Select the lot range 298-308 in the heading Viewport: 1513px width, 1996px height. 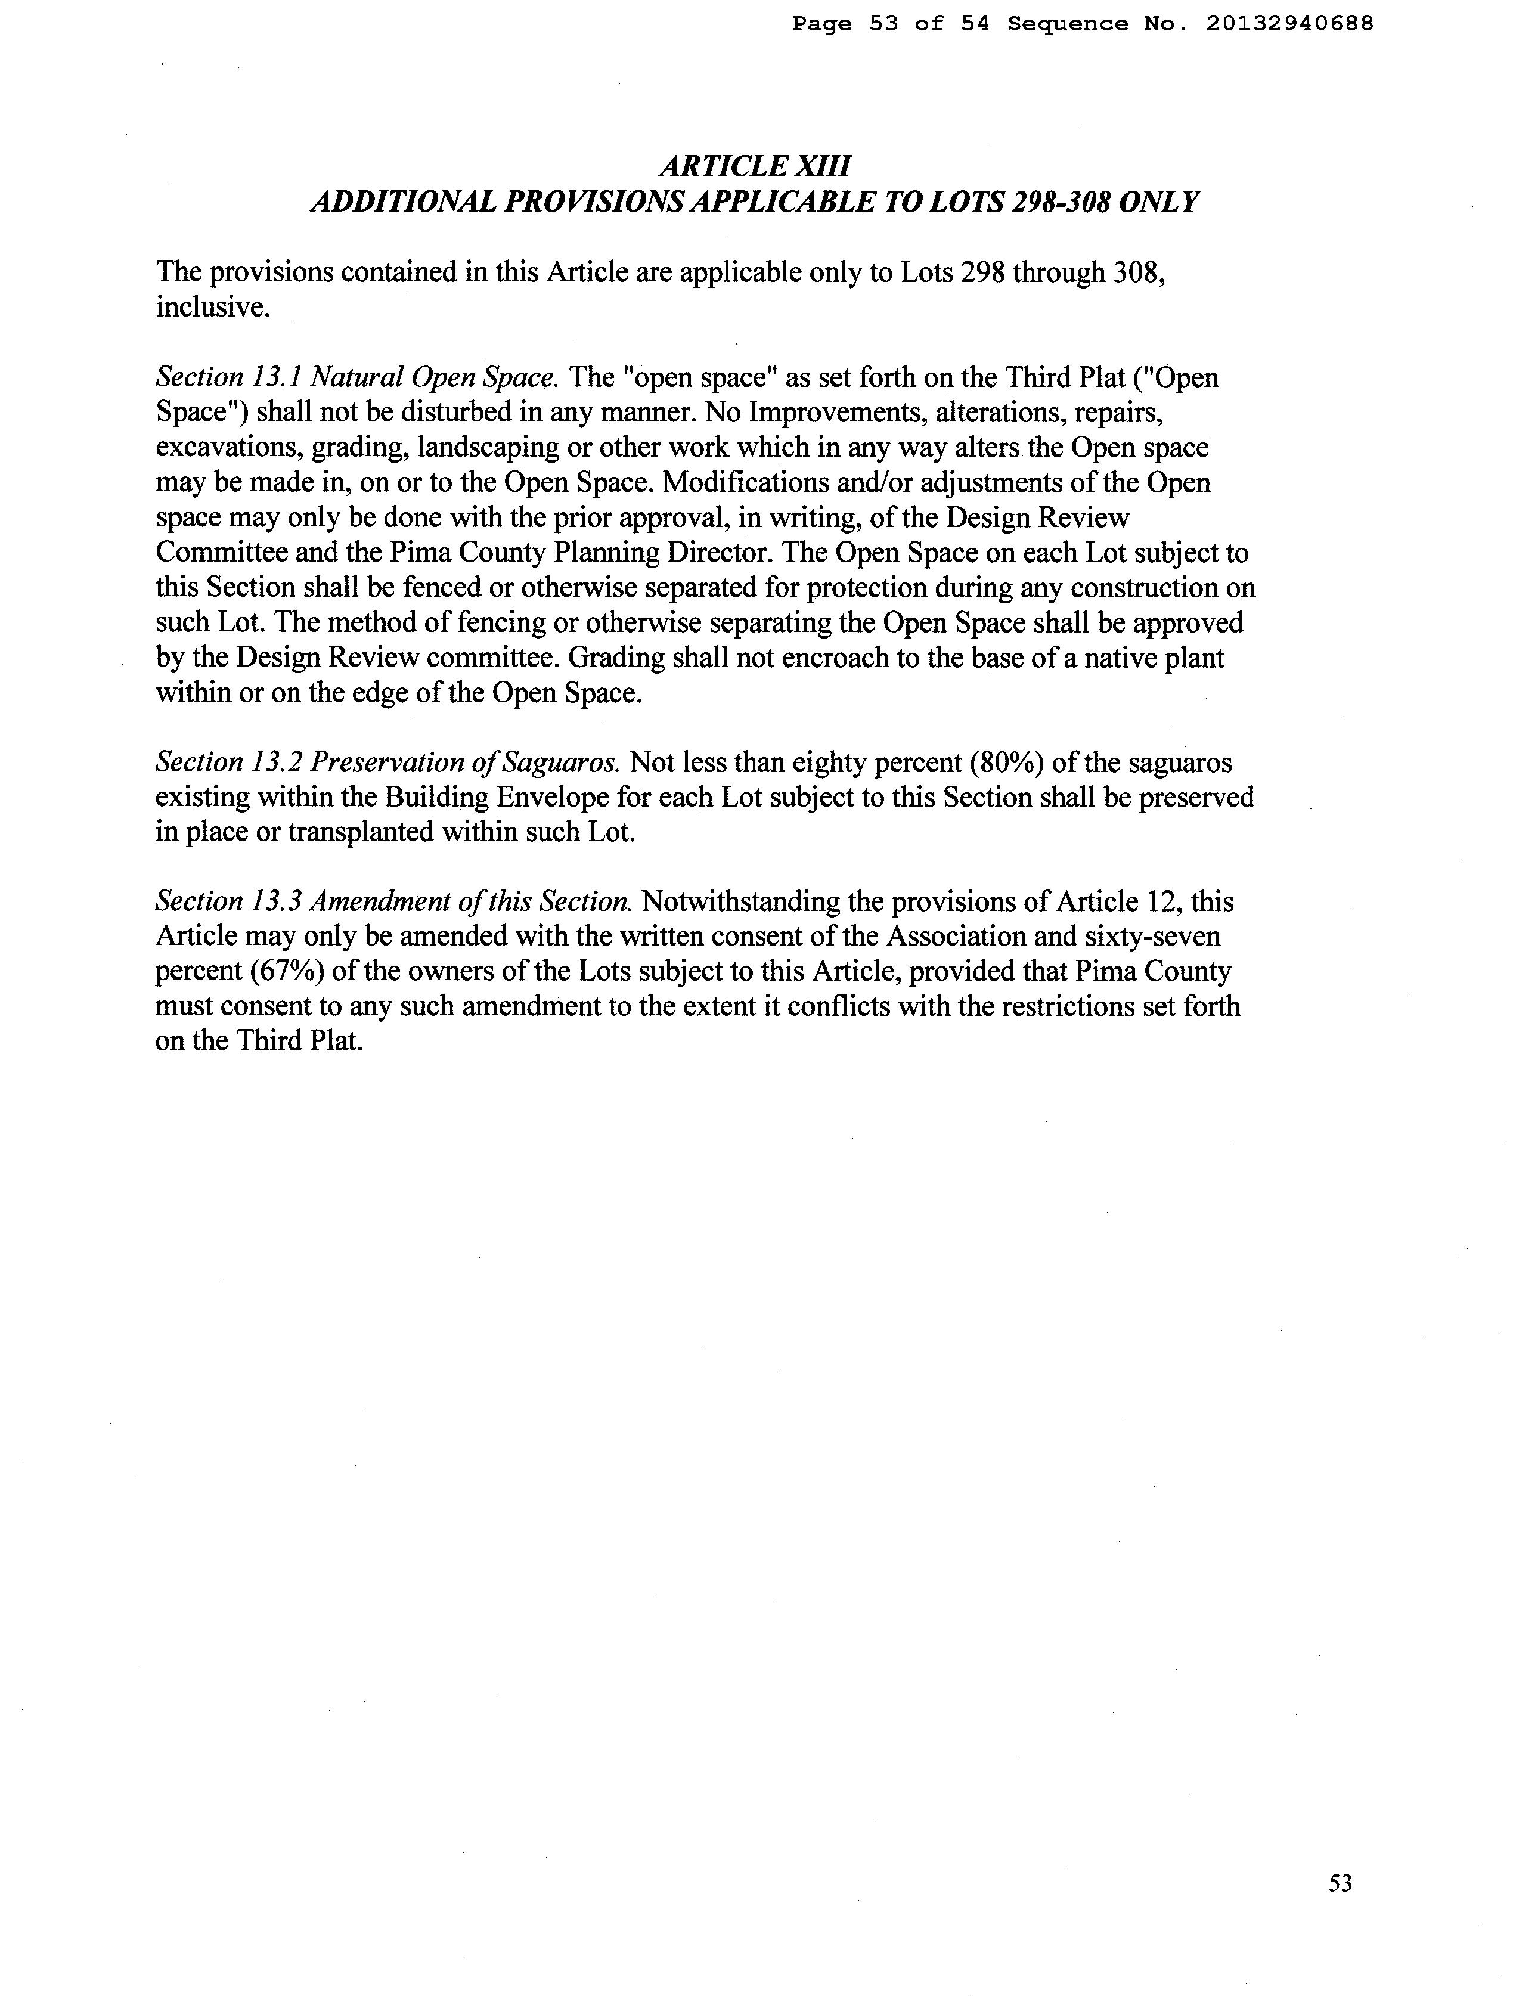click(1060, 202)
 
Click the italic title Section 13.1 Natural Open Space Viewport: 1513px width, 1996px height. click(358, 377)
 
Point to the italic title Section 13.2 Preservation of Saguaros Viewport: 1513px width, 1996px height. click(388, 763)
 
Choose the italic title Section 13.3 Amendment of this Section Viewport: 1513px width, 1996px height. click(393, 901)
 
